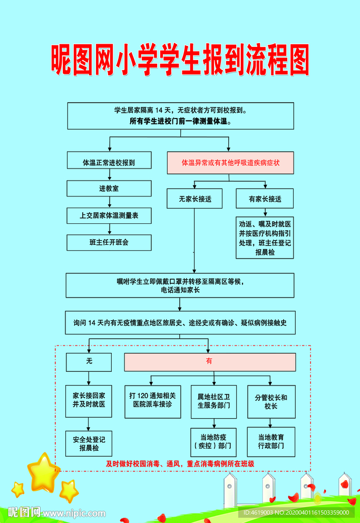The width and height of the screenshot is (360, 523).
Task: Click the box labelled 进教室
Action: pyautogui.click(x=109, y=189)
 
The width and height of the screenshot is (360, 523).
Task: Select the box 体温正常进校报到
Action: pyautogui.click(x=109, y=163)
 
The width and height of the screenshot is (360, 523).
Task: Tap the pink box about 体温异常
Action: pyautogui.click(x=230, y=163)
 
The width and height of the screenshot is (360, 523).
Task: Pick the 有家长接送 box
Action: pyautogui.click(x=265, y=199)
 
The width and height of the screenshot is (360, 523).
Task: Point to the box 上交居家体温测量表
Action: pyautogui.click(x=109, y=215)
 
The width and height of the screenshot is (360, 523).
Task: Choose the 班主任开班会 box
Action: pyautogui.click(x=109, y=242)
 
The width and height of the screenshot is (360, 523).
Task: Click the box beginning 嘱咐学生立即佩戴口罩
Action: pyautogui.click(x=180, y=285)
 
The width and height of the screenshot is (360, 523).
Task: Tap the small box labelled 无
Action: pyautogui.click(x=89, y=362)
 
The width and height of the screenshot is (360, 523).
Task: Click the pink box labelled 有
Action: pyautogui.click(x=209, y=362)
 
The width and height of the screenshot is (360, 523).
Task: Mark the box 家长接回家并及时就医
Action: pyautogui.click(x=89, y=400)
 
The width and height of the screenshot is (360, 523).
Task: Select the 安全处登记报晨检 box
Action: pyautogui.click(x=89, y=443)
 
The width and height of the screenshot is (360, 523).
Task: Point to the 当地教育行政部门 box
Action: pyautogui.click(x=271, y=441)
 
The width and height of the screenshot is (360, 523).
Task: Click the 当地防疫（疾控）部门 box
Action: pyautogui.click(x=213, y=441)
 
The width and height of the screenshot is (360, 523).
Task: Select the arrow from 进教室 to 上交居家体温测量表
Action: pyautogui.click(x=109, y=202)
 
